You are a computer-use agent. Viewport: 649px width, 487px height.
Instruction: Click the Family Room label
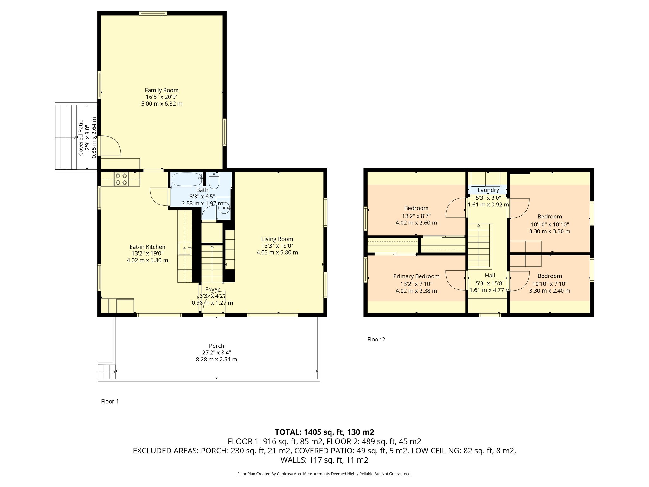[x=162, y=90]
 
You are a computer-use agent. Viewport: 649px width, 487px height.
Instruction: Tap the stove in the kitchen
[x=122, y=179]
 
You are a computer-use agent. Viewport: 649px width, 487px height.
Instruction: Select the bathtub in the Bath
[x=187, y=179]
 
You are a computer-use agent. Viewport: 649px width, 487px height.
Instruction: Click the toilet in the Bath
[x=214, y=180]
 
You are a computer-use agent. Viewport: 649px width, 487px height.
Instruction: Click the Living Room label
[x=277, y=239]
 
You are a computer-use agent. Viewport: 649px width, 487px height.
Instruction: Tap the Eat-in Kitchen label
[x=147, y=247]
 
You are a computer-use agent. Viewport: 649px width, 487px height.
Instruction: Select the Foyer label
[x=212, y=289]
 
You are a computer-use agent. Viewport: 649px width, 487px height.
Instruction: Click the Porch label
[x=216, y=346]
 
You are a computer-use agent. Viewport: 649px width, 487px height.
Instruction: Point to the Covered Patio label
[x=81, y=138]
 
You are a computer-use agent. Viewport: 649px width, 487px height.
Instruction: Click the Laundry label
[x=488, y=190]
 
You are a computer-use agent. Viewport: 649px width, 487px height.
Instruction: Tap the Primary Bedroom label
[x=416, y=276]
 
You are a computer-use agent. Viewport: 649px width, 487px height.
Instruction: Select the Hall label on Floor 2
[x=490, y=276]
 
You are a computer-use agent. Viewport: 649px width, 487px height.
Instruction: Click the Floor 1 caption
[x=110, y=401]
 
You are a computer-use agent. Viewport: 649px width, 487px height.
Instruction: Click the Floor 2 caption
[x=376, y=339]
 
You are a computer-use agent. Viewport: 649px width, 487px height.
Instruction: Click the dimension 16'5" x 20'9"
[x=162, y=97]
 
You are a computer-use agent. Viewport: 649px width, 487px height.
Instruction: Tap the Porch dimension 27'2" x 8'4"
[x=216, y=353]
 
